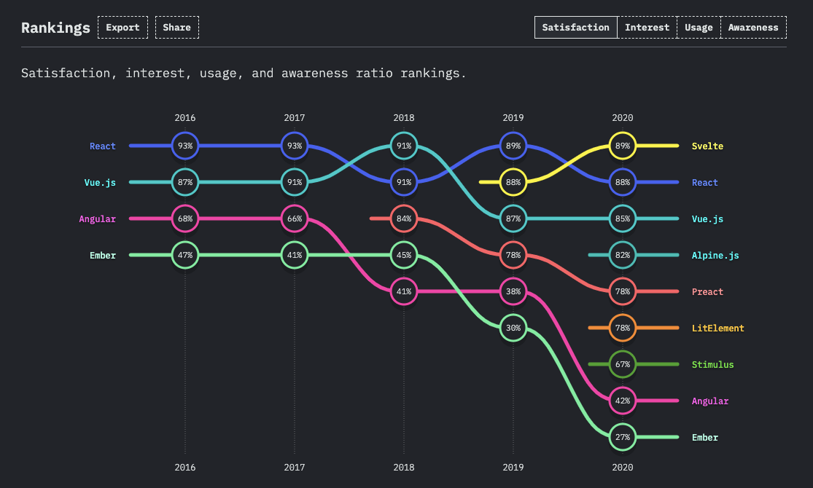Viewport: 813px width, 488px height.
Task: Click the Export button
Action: pos(122,28)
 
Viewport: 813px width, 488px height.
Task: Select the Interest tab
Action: pos(647,28)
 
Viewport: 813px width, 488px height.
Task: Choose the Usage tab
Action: pos(699,28)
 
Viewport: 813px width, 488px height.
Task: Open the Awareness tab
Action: pos(753,28)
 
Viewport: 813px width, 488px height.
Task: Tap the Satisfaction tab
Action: pos(576,28)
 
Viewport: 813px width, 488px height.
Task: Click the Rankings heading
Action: pos(55,28)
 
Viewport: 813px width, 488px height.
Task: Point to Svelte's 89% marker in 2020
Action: pos(623,146)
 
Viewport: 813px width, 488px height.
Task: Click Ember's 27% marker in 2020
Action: pos(623,437)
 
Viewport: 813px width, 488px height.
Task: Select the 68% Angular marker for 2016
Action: pos(185,219)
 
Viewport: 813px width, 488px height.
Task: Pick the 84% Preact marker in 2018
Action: pos(404,219)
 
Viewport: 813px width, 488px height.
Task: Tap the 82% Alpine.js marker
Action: pos(623,255)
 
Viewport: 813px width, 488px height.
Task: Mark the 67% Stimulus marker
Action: pos(623,364)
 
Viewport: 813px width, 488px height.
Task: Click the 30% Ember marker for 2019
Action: pos(513,328)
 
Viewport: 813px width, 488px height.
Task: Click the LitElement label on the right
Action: pos(717,328)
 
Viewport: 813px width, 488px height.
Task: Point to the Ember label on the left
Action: pos(103,256)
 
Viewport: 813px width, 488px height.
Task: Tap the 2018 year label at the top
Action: pos(404,117)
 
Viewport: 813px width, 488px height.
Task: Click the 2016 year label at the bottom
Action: pos(185,468)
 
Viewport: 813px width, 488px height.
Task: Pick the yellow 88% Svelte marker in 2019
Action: pos(513,182)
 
